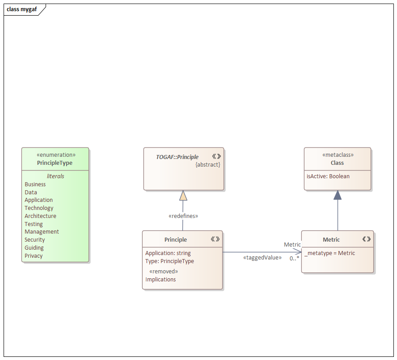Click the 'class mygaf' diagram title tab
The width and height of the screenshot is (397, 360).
(21, 9)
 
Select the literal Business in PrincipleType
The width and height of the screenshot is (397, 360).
(35, 184)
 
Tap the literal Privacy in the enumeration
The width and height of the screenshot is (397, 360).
(34, 256)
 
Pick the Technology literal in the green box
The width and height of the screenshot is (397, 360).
(39, 208)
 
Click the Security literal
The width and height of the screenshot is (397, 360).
(34, 240)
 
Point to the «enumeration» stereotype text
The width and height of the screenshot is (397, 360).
(55, 155)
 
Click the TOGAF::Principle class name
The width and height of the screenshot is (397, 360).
(177, 157)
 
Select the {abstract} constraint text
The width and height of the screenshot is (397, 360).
(207, 164)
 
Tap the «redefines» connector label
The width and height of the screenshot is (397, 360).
(183, 216)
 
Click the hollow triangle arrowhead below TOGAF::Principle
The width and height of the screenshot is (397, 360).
(183, 195)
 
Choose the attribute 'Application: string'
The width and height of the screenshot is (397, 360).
(168, 253)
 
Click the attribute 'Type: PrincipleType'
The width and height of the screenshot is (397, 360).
(169, 261)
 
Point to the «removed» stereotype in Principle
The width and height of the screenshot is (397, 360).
(164, 271)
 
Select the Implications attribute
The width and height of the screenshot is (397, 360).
(160, 279)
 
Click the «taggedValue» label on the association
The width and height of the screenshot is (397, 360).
(262, 257)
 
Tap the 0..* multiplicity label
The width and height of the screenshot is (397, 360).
(294, 258)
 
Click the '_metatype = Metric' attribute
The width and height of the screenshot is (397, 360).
(330, 253)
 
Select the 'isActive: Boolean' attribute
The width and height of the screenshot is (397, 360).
(328, 176)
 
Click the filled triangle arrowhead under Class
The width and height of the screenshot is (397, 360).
(338, 195)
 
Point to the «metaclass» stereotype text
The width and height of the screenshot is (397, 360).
(338, 155)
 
